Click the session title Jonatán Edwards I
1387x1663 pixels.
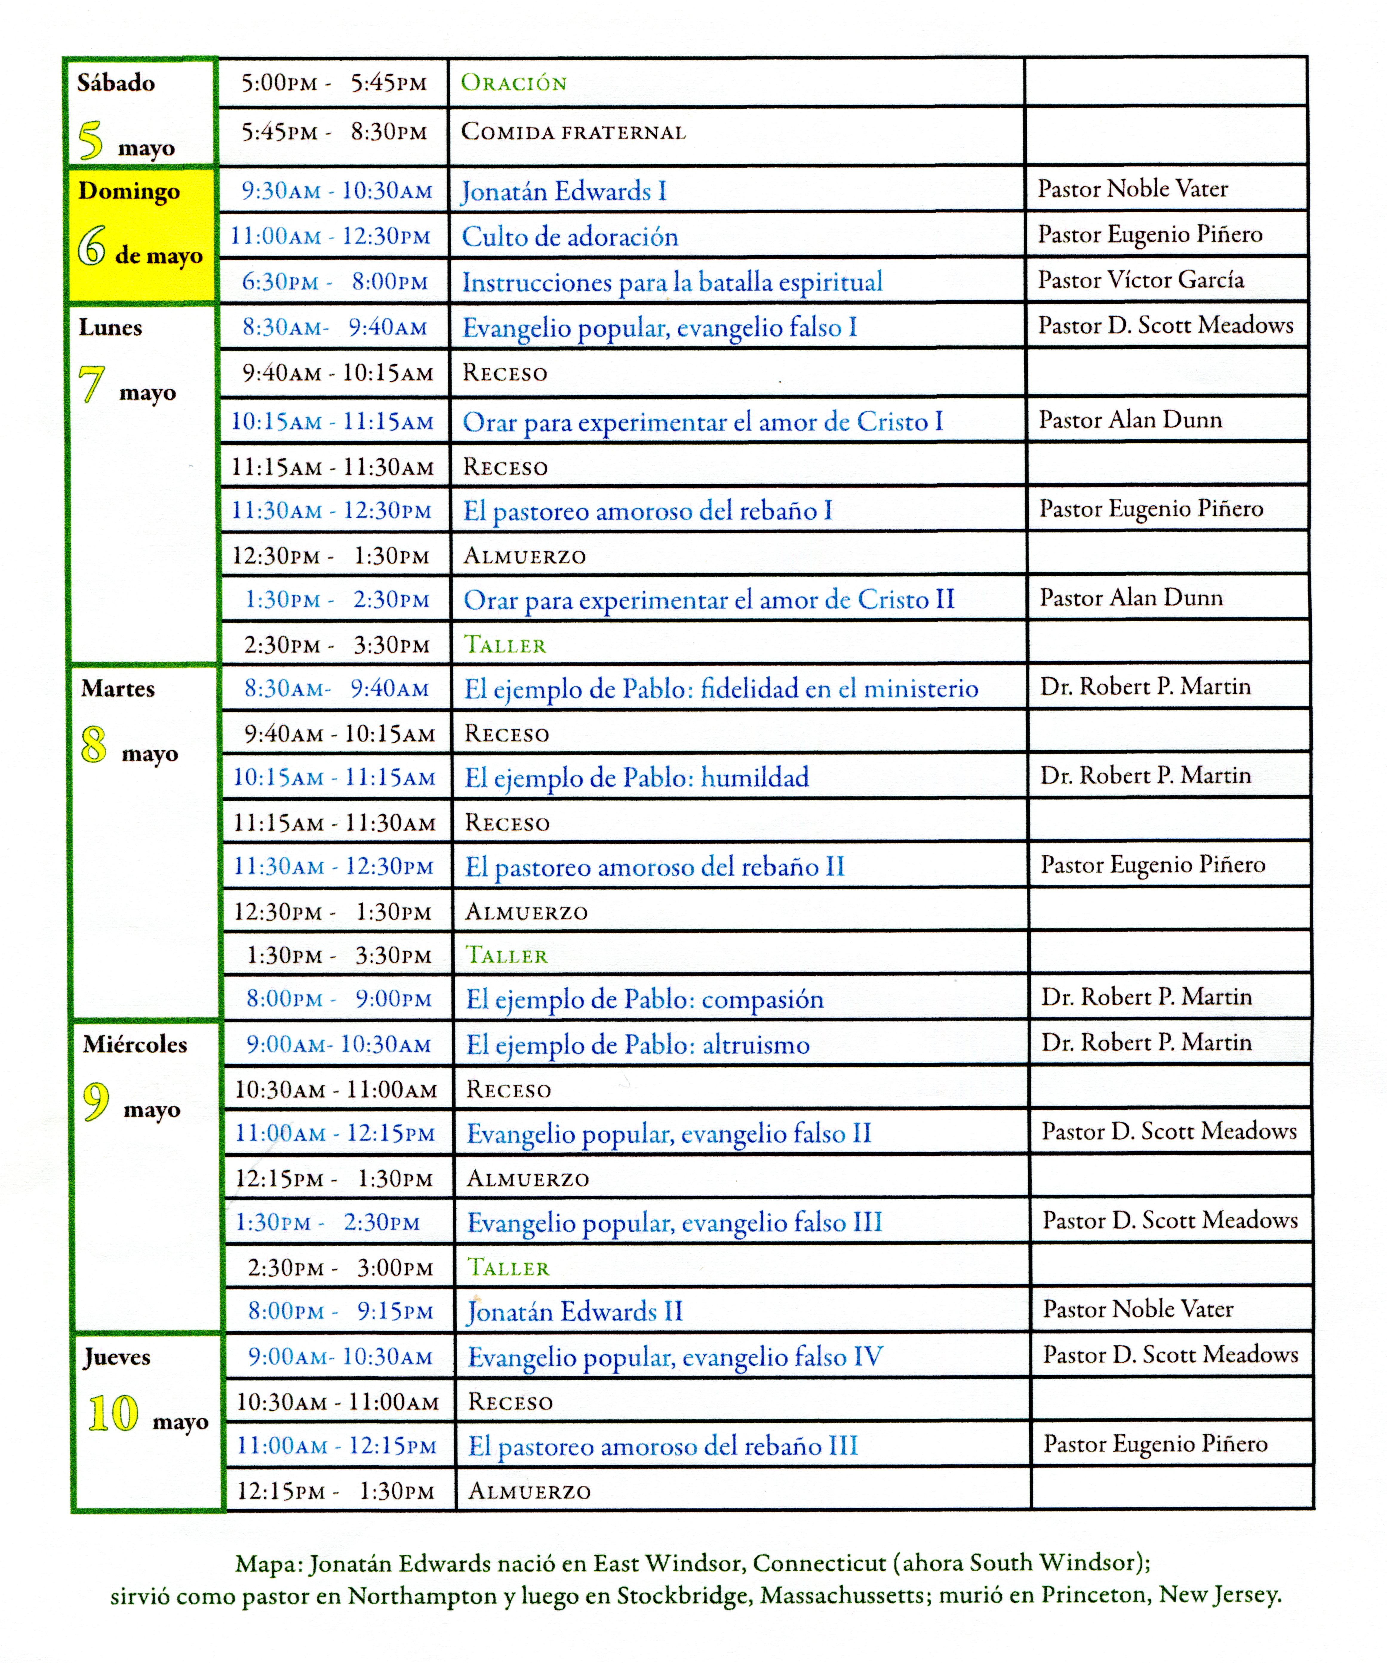[564, 192]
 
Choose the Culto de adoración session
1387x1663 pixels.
[570, 237]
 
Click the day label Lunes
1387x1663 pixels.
[110, 328]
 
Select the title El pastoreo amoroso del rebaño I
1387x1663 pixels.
[648, 511]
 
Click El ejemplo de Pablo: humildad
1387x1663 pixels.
[636, 778]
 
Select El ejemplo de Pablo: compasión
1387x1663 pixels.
[645, 999]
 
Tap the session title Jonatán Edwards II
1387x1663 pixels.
[575, 1312]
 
